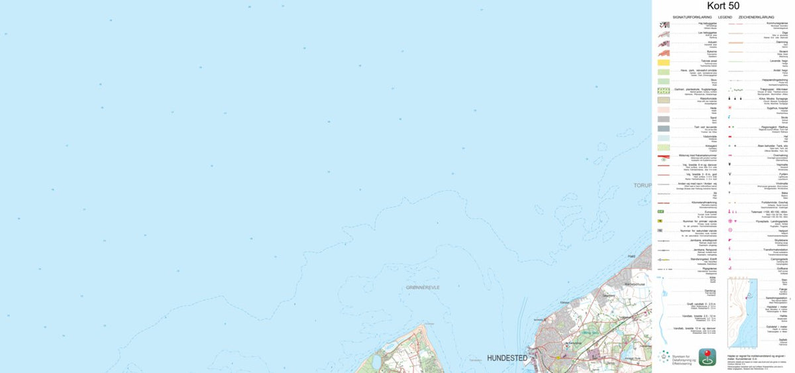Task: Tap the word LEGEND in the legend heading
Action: pos(725,16)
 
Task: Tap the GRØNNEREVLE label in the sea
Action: pos(423,288)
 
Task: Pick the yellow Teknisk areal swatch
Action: pos(664,62)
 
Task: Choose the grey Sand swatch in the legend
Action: pos(664,119)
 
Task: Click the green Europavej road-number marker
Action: pos(663,212)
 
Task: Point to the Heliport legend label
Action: pos(782,231)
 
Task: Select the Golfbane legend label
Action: pos(781,269)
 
